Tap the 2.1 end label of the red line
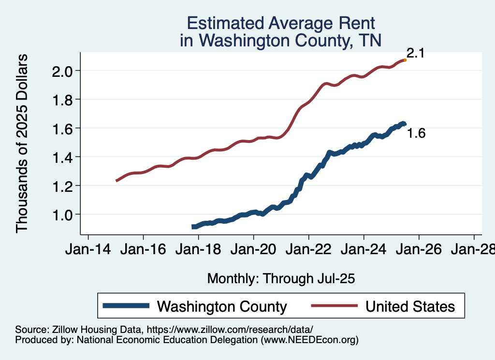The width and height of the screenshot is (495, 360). click(x=415, y=53)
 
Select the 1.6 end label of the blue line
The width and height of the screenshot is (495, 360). click(x=416, y=134)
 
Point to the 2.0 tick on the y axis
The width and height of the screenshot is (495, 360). click(x=62, y=71)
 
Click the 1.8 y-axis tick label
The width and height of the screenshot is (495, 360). click(x=62, y=100)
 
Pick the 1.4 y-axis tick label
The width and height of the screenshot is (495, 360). click(x=62, y=157)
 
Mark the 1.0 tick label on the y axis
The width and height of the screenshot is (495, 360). click(x=62, y=214)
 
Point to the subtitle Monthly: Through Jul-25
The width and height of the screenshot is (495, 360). click(x=281, y=279)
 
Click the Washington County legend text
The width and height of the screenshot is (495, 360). click(x=222, y=306)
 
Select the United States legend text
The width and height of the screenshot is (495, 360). click(x=410, y=306)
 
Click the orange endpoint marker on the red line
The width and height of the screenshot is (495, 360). click(x=405, y=60)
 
